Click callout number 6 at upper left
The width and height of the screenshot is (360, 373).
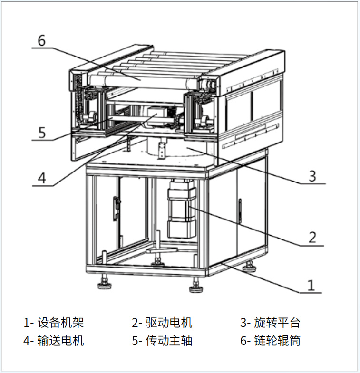(x=41, y=40)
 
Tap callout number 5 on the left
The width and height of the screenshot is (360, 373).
(x=42, y=132)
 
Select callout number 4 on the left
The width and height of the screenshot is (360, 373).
(x=42, y=178)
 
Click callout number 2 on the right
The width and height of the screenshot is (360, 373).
(x=312, y=237)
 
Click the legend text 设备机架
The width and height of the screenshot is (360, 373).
(x=60, y=323)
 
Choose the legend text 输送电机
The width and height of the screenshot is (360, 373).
(x=60, y=341)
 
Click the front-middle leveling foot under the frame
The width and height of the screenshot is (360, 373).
(x=194, y=287)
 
